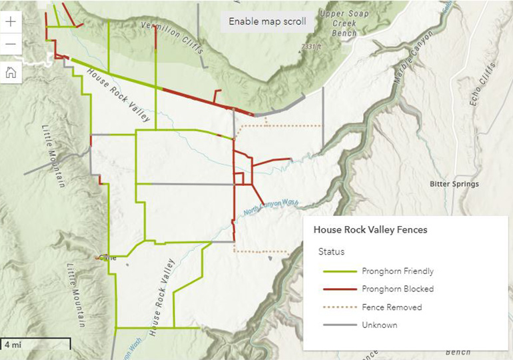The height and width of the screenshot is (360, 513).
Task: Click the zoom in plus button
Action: pyautogui.click(x=11, y=21)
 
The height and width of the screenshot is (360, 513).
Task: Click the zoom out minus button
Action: pyautogui.click(x=11, y=45)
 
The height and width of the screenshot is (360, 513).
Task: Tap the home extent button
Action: pyautogui.click(x=11, y=73)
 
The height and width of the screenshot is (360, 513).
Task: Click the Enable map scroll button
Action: pyautogui.click(x=267, y=21)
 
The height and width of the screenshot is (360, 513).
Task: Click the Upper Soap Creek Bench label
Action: pyautogui.click(x=344, y=23)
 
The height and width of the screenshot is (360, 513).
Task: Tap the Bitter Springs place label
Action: pyautogui.click(x=454, y=184)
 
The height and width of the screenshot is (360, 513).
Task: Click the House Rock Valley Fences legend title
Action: pyautogui.click(x=370, y=229)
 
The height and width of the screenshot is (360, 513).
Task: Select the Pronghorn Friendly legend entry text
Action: pyautogui.click(x=398, y=271)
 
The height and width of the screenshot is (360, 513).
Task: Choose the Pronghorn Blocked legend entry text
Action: pyautogui.click(x=398, y=289)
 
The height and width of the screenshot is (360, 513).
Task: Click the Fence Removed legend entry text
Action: pyautogui.click(x=392, y=307)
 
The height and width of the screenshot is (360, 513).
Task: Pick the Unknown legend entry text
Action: pyautogui.click(x=380, y=325)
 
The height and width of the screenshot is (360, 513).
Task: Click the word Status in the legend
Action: pyautogui.click(x=331, y=252)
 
